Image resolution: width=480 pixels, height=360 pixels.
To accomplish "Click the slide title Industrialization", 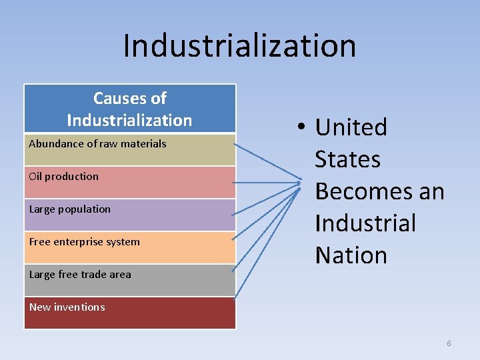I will [239, 46].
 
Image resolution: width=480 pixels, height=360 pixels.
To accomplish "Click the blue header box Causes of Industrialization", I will [129, 109].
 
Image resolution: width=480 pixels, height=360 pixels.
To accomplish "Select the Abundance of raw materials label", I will [97, 143].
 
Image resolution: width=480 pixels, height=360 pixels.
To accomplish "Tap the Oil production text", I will [63, 176].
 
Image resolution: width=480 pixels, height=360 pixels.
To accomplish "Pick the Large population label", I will [69, 209].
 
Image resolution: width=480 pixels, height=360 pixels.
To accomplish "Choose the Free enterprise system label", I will [84, 241].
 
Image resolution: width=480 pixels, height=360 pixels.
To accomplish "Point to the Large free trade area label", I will [80, 274].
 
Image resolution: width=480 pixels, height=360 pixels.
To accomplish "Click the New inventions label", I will [67, 307].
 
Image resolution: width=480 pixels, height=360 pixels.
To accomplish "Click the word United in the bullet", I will [351, 127].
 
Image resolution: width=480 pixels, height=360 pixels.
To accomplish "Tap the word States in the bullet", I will [347, 159].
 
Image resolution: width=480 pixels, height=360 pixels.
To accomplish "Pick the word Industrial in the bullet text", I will [365, 223].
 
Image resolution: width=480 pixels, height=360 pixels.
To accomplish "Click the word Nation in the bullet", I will [351, 255].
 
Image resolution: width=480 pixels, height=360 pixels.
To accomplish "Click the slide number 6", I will [449, 343].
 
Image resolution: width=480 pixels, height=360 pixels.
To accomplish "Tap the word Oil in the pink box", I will [36, 176].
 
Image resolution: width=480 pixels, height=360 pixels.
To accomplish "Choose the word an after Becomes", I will [431, 191].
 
